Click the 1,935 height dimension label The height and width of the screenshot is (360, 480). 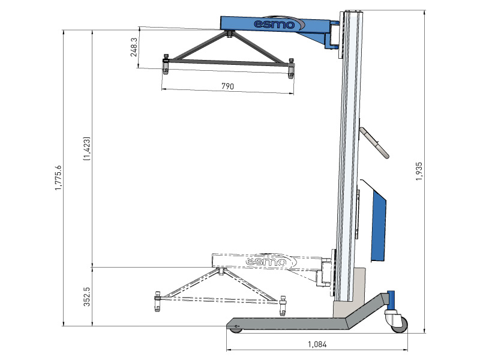click(418, 172)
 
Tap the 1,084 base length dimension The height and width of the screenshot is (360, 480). click(317, 344)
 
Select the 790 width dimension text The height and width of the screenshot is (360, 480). click(227, 86)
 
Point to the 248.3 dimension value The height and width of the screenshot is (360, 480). click(134, 47)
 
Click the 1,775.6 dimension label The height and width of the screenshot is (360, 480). click(58, 178)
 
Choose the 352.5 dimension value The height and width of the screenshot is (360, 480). click(86, 296)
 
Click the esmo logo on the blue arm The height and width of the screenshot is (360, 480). click(275, 24)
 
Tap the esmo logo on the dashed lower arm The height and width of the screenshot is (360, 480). click(266, 262)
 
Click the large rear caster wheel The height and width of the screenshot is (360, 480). click(398, 323)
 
